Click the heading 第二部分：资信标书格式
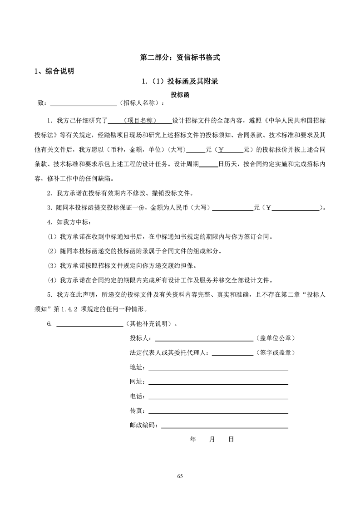pos(180,58)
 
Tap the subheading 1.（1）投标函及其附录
pos(180,82)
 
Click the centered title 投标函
pos(179,95)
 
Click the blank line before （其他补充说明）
pos(89,325)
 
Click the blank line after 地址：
pos(218,369)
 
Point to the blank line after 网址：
pos(218,383)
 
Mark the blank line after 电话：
pos(218,397)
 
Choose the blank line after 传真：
pos(218,412)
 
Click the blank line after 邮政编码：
pos(225,426)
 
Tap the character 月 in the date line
pos(212,440)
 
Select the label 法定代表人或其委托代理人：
pos(170,353)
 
